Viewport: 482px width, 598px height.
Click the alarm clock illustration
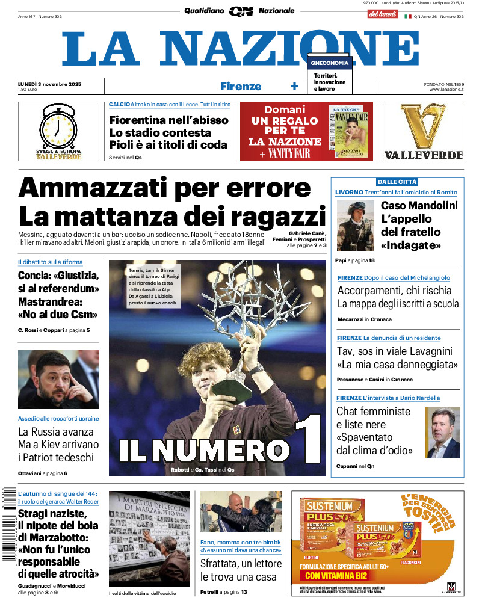(x=57, y=127)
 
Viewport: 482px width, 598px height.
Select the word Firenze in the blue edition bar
(x=241, y=86)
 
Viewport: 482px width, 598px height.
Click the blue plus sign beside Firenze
(x=294, y=86)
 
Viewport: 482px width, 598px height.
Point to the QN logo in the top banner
(x=241, y=11)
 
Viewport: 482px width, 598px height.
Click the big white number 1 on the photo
(x=307, y=446)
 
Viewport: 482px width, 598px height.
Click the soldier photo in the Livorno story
(x=355, y=225)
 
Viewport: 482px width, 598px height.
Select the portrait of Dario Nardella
(x=442, y=432)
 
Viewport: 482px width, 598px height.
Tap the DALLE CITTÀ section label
(x=397, y=182)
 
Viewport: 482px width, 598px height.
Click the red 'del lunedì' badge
(x=382, y=13)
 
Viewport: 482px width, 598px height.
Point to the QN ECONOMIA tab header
(x=329, y=62)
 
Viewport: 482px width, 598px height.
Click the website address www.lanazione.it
(x=446, y=89)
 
